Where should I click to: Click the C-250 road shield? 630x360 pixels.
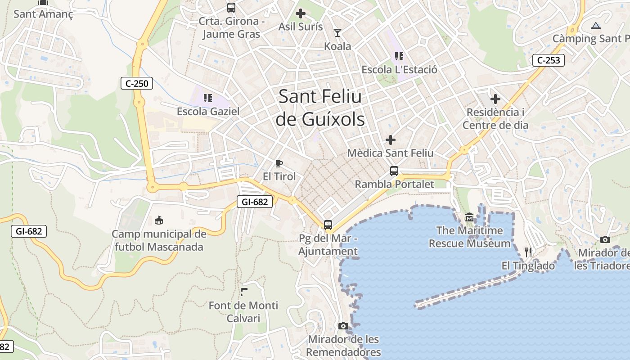(x=137, y=83)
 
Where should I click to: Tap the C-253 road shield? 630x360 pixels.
(x=548, y=60)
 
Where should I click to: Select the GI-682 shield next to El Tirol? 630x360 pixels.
(x=255, y=202)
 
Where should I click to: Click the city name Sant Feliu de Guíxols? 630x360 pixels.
(x=320, y=108)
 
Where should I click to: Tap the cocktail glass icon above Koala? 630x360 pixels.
(x=337, y=32)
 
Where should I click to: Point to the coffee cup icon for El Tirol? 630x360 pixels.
(x=279, y=163)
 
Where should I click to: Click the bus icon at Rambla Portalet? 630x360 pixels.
(x=394, y=171)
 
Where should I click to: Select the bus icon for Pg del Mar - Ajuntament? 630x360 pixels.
(x=328, y=225)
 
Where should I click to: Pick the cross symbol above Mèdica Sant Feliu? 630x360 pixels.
(x=391, y=140)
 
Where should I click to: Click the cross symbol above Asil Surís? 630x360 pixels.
(x=301, y=13)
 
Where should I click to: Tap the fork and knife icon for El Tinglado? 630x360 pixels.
(x=528, y=252)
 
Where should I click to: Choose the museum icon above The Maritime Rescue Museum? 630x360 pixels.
(x=470, y=218)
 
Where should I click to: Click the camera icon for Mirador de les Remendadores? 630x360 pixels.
(x=343, y=326)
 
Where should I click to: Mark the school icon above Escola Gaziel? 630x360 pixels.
(x=208, y=98)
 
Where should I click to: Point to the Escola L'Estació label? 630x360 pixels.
(x=399, y=70)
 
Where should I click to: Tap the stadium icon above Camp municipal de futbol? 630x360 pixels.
(x=158, y=220)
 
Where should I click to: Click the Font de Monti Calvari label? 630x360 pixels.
(x=243, y=312)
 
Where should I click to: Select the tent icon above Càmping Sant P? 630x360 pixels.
(x=596, y=26)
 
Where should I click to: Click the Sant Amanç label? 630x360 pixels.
(x=43, y=14)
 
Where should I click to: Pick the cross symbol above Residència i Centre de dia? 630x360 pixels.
(x=495, y=99)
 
